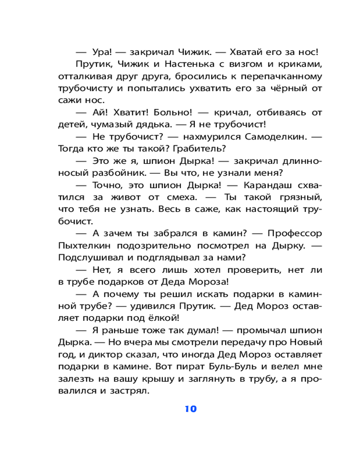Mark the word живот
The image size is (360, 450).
[x=125, y=197]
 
